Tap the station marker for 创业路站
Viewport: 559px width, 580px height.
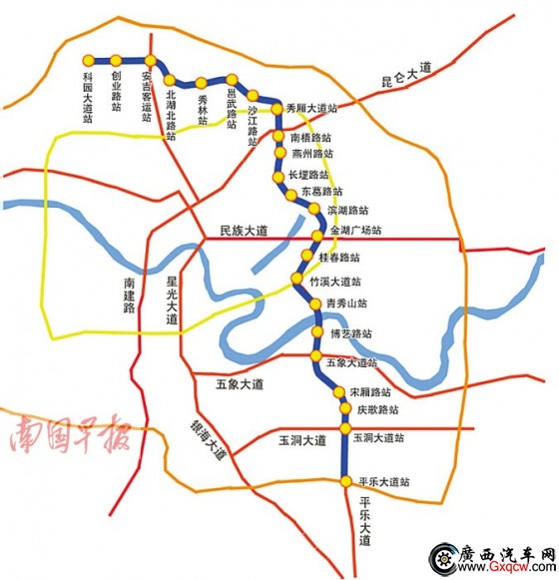[117, 60]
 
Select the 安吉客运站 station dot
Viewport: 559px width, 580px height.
[150, 60]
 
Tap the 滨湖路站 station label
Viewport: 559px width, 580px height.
[347, 211]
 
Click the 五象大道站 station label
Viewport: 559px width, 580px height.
[350, 362]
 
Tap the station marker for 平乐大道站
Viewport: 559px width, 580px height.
[345, 481]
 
